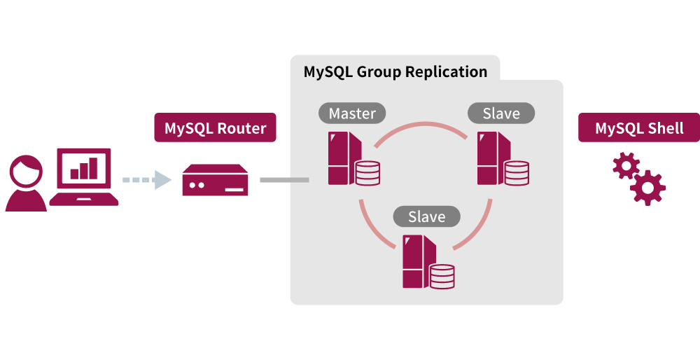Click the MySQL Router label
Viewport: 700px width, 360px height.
coord(215,128)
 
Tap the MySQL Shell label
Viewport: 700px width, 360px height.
coord(638,128)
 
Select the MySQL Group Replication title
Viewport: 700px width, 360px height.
coord(395,71)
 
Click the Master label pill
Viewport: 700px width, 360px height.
coord(352,113)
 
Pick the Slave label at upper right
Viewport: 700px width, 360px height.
coord(501,113)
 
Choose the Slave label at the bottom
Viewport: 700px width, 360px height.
coord(427,216)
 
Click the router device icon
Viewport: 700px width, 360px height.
coord(215,181)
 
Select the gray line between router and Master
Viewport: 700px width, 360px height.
coord(284,180)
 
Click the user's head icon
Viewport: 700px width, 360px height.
coord(26,172)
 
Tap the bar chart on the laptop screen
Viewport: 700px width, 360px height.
coord(83,168)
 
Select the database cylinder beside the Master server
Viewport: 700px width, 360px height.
coord(367,173)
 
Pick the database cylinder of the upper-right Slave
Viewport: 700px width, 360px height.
coord(517,173)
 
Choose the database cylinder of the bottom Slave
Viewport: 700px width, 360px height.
coord(442,276)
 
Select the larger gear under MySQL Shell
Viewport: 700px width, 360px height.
coord(647,187)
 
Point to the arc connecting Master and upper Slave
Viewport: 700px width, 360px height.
coord(421,125)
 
